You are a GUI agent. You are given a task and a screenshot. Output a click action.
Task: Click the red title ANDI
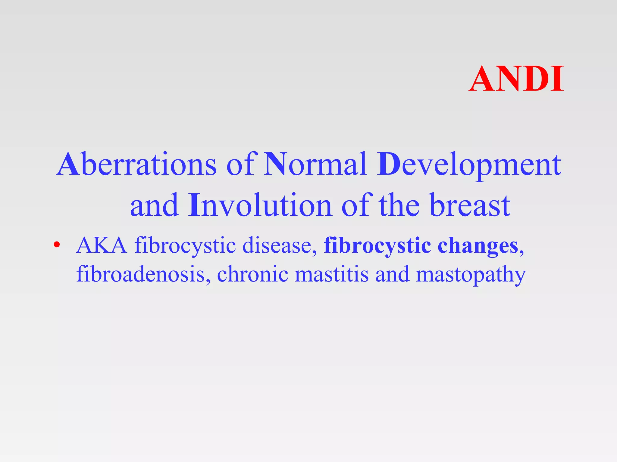(516, 79)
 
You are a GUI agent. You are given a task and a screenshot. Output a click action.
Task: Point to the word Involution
(260, 206)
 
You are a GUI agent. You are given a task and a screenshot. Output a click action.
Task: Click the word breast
(469, 206)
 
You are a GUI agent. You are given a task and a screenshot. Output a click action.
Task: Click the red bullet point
(56, 245)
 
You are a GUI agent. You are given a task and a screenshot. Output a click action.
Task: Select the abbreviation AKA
(102, 245)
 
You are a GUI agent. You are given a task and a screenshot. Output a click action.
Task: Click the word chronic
(252, 274)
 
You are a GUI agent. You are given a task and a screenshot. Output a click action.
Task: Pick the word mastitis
(331, 274)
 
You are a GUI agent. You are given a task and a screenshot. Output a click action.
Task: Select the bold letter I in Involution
(194, 206)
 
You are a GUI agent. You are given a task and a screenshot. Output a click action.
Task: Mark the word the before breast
(399, 206)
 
